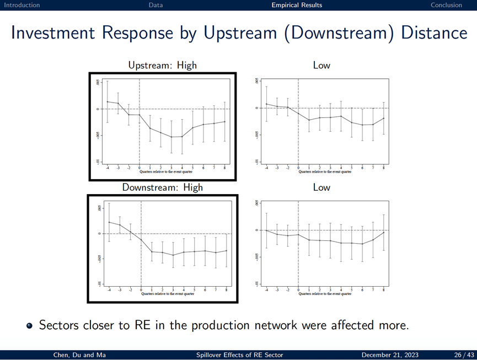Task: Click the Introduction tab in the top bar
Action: [22, 5]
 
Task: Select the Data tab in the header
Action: [156, 5]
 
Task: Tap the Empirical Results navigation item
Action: [297, 5]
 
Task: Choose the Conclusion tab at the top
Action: [446, 5]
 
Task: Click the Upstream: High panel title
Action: [162, 65]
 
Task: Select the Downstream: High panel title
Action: [162, 187]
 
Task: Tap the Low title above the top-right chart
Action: [321, 65]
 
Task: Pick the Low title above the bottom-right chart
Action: [321, 187]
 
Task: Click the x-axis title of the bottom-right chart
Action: [325, 294]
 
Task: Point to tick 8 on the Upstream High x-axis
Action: [225, 168]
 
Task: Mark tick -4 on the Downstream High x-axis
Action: [109, 290]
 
